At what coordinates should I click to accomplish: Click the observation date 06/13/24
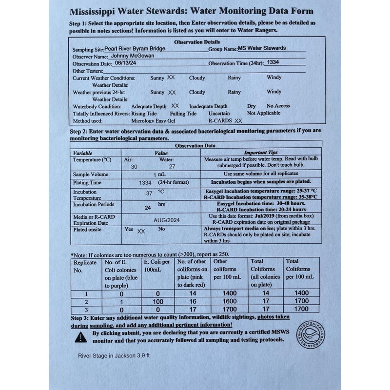tap(126, 63)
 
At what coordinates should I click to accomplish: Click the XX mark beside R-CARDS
tap(238, 120)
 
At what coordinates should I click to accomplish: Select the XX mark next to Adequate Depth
tap(175, 106)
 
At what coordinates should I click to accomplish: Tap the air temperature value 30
tap(134, 167)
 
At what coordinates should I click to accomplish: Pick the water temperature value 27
tap(172, 167)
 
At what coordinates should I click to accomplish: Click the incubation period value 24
tap(148, 207)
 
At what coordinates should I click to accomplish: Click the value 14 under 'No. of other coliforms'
tap(193, 293)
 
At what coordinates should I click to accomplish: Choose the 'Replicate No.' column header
tap(85, 266)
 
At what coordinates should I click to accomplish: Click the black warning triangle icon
tap(79, 337)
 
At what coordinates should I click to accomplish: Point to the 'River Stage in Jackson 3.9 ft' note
tap(114, 356)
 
